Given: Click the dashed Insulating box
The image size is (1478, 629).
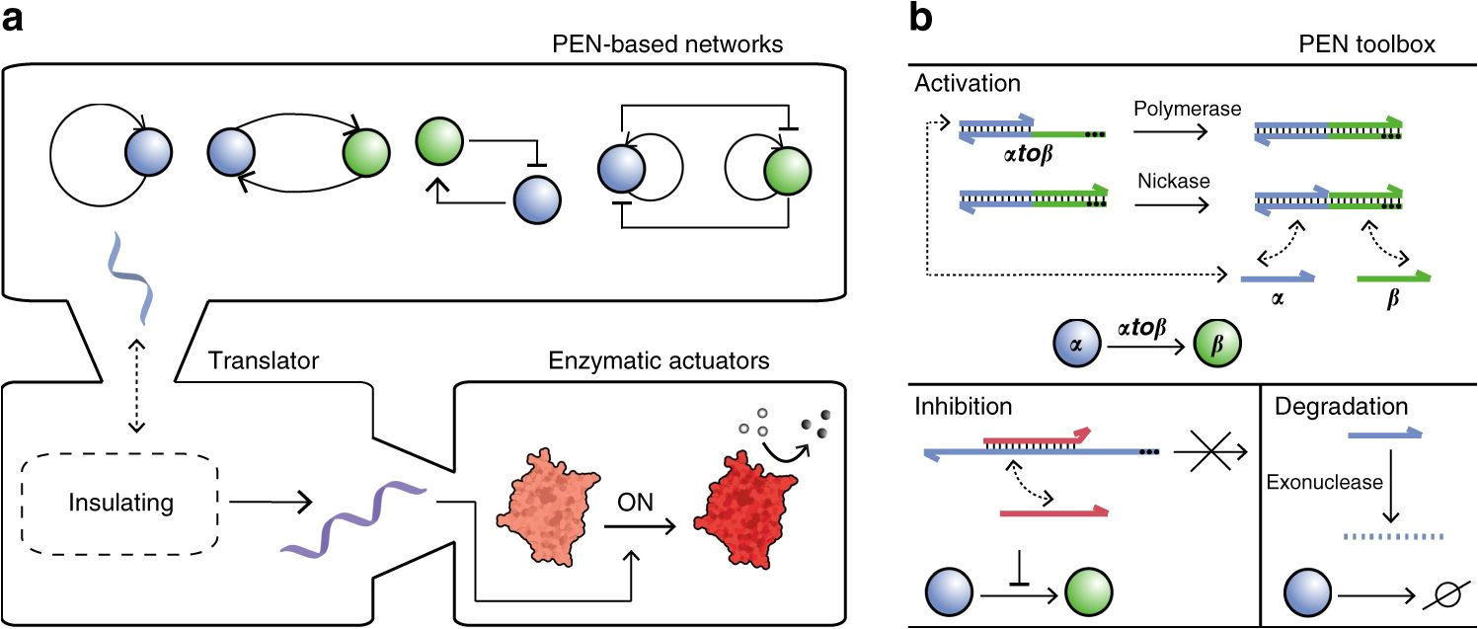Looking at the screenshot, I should tap(120, 503).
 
